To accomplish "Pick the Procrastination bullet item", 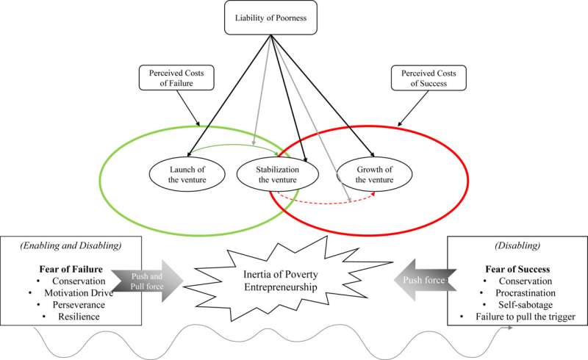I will (x=523, y=292).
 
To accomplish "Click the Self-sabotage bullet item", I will (x=523, y=303).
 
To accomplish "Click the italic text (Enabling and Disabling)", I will (x=64, y=245).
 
